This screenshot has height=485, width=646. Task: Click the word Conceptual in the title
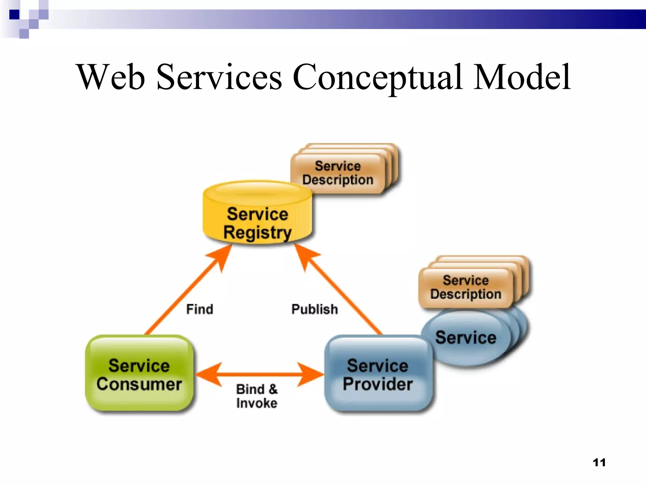click(x=377, y=77)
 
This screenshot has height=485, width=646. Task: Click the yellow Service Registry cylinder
click(x=257, y=215)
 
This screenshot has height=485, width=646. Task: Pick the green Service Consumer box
click(x=139, y=374)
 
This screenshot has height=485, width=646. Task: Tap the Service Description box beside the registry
click(x=338, y=173)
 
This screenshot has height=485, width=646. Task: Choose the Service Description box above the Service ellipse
click(x=466, y=287)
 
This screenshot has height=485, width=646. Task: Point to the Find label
click(x=200, y=309)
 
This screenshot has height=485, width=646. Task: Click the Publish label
click(x=314, y=309)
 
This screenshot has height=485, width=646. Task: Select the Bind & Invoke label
click(x=257, y=396)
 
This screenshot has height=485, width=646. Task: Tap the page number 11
click(x=599, y=463)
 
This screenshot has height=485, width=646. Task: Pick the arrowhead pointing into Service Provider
click(x=311, y=375)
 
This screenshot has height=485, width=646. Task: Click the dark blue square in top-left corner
click(x=14, y=15)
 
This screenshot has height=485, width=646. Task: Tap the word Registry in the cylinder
click(x=257, y=233)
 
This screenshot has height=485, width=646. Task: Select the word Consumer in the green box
click(x=139, y=384)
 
